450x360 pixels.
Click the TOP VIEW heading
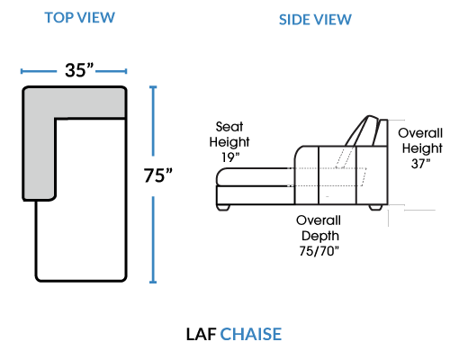coord(79,18)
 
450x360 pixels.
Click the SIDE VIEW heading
coord(315,20)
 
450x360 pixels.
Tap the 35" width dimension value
coord(79,70)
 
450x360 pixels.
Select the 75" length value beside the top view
coord(158,175)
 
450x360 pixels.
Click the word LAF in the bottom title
coord(202,334)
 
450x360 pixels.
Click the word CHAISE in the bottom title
coord(251,334)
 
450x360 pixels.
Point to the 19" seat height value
coord(230,157)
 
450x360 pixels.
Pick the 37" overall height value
coord(420,164)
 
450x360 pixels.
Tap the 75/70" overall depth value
coord(319,251)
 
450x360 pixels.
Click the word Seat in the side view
coord(229,127)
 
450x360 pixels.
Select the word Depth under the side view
coord(320,236)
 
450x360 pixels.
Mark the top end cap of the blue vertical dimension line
coord(153,87)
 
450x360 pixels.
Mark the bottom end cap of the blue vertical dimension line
coord(153,282)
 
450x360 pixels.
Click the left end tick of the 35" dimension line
coord(22,71)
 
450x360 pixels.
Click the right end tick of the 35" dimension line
coord(126,71)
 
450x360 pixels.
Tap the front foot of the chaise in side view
coord(223,207)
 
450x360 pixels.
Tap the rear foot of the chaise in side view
coord(375,207)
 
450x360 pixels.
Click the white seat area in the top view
coord(90,198)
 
